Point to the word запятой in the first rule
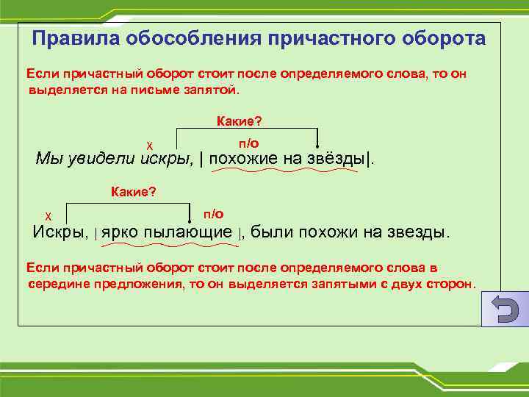pos(213,90)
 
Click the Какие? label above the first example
pos(240,120)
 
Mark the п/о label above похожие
pos(249,143)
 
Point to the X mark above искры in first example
pos(149,145)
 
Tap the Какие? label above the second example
pos(133,192)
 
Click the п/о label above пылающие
pos(214,213)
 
